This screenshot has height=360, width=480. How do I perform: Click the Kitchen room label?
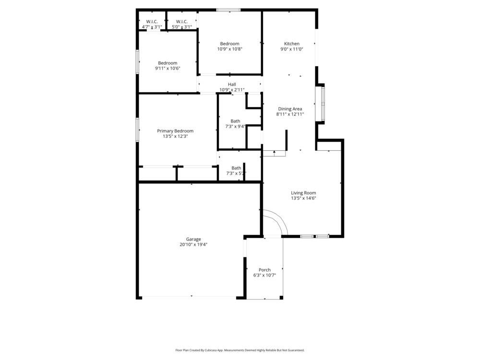pos(291,44)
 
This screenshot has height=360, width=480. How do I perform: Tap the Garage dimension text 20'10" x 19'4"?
pos(193,244)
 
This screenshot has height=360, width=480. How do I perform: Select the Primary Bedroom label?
pos(175,131)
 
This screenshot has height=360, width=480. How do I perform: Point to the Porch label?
pos(264,270)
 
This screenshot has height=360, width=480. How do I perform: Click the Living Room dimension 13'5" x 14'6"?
pos(303,198)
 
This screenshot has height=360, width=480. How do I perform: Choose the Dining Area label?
pos(290,109)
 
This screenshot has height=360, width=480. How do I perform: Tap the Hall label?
pos(232,84)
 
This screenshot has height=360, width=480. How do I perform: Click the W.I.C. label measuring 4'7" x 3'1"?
pos(152,22)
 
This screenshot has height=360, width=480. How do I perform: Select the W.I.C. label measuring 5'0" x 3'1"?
pos(181,22)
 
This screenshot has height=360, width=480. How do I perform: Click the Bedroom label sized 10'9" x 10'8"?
pos(229,44)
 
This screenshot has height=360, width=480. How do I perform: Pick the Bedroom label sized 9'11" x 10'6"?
pos(168,63)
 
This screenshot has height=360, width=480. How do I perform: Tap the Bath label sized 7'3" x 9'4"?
pos(235,121)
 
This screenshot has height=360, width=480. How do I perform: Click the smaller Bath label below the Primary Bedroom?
pos(236,168)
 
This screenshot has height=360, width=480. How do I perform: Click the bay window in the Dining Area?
pos(320,103)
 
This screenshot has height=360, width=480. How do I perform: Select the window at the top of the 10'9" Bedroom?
pos(228,10)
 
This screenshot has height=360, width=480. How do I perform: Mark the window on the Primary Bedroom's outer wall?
pos(138,130)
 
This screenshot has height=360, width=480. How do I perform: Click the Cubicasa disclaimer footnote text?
pos(240,350)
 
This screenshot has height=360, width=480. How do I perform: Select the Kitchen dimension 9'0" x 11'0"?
pos(291,49)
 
